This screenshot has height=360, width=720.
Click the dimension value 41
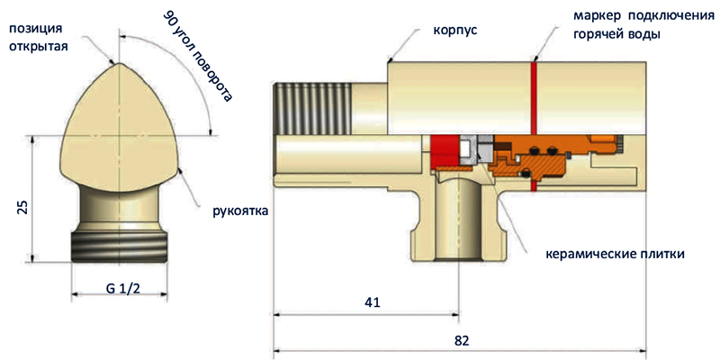[x=372, y=303]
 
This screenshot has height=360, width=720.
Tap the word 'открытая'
[x=39, y=46]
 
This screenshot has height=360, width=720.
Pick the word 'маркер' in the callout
[x=594, y=16]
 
